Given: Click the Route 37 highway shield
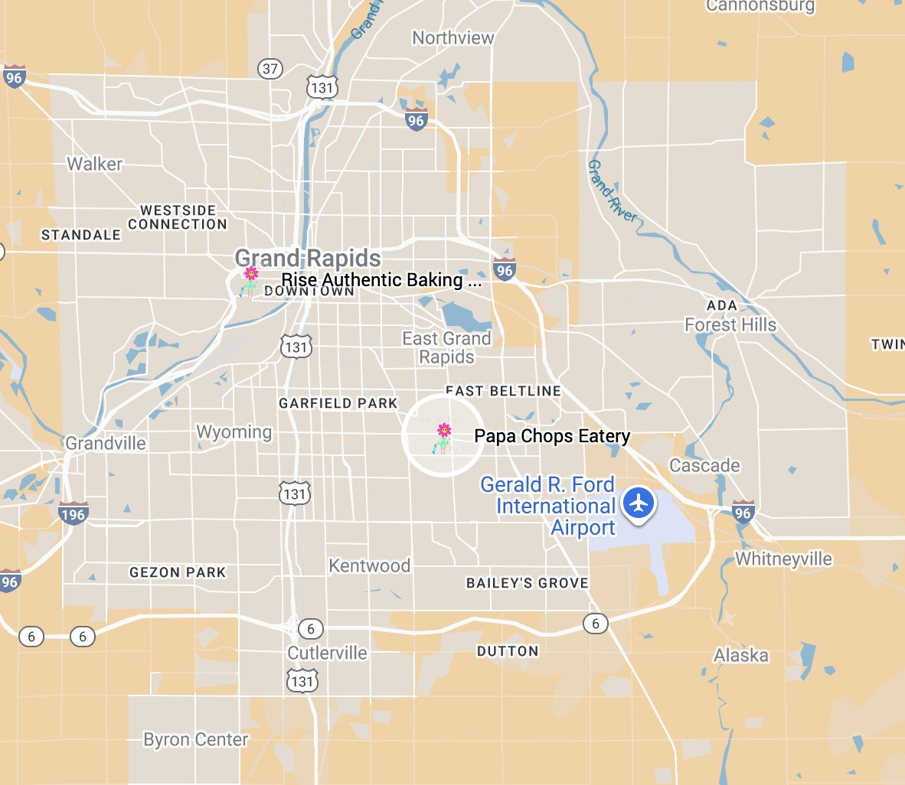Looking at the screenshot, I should pyautogui.click(x=270, y=68).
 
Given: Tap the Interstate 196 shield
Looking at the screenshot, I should pyautogui.click(x=73, y=513).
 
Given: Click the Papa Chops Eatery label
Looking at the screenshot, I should pyautogui.click(x=551, y=436).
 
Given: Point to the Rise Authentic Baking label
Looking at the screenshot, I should pyautogui.click(x=381, y=280).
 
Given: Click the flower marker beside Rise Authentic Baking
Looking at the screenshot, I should pyautogui.click(x=250, y=281).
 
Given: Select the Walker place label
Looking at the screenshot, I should pyautogui.click(x=94, y=164).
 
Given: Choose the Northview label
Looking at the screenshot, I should pyautogui.click(x=452, y=37).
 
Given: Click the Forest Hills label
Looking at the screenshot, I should pyautogui.click(x=730, y=325).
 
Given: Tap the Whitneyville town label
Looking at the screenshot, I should pyautogui.click(x=783, y=559).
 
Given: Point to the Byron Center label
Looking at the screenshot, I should pyautogui.click(x=196, y=740).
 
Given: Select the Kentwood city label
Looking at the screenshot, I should pyautogui.click(x=369, y=565).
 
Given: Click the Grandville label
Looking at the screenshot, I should pyautogui.click(x=106, y=443).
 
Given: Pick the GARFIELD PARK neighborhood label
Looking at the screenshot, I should pyautogui.click(x=338, y=403).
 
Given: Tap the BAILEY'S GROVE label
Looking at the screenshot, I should pyautogui.click(x=528, y=583).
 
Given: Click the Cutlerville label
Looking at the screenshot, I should pyautogui.click(x=327, y=653).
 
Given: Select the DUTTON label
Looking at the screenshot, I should pyautogui.click(x=508, y=651).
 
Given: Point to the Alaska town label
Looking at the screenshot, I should pyautogui.click(x=740, y=655).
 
